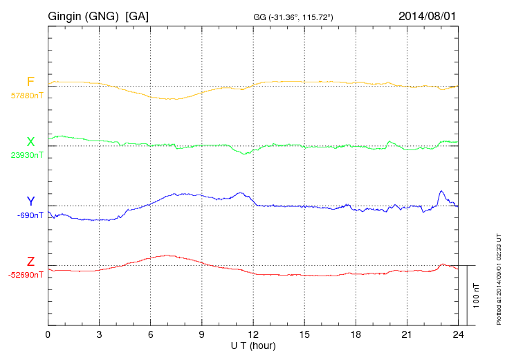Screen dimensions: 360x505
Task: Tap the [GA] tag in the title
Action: pos(137,15)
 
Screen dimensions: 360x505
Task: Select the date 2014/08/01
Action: pos(427,15)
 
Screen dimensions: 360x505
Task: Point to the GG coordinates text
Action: pos(294,17)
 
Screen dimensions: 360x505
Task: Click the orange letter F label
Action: pos(30,82)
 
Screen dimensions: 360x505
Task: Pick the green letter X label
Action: pos(30,142)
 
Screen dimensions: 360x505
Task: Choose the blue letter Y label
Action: pos(30,201)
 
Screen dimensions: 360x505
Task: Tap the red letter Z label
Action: pos(30,262)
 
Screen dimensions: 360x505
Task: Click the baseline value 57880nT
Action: pos(26,96)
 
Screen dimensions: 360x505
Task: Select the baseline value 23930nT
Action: pos(26,155)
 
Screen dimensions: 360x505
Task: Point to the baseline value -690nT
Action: pos(30,215)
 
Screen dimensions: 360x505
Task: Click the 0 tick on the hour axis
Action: pos(48,335)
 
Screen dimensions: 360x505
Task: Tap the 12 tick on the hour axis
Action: pos(253,335)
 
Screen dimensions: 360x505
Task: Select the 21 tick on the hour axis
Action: pos(407,335)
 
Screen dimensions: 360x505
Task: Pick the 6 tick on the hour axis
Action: pos(150,335)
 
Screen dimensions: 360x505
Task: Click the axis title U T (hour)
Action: pos(253,345)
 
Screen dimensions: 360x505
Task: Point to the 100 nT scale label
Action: pos(476,296)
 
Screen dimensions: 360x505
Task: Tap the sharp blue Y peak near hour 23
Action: pos(441,191)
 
